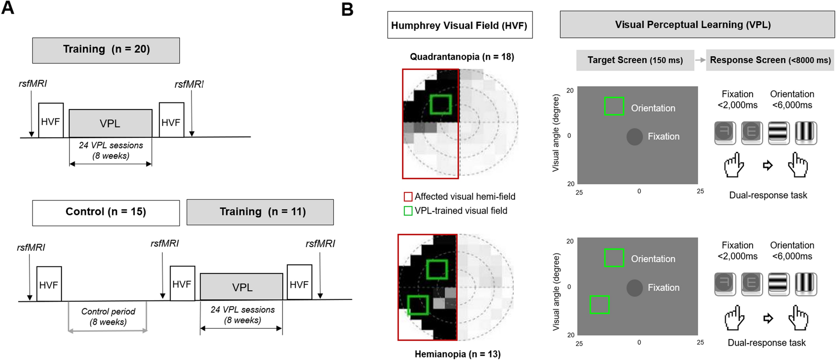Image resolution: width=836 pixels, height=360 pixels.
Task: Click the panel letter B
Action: (347, 9)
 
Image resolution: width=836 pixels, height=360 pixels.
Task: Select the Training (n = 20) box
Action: (106, 50)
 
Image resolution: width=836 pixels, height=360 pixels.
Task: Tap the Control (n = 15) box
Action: (106, 212)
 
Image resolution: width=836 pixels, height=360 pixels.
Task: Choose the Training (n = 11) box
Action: (260, 212)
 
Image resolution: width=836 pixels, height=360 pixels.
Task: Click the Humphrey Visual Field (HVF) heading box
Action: (460, 25)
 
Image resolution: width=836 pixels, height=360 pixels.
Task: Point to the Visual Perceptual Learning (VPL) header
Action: (697, 25)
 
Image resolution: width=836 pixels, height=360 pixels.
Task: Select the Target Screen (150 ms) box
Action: (635, 60)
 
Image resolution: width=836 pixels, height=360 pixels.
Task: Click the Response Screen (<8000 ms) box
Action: (770, 60)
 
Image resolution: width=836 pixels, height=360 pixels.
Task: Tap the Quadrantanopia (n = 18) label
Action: (462, 57)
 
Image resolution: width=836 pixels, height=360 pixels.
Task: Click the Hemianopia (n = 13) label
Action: (458, 354)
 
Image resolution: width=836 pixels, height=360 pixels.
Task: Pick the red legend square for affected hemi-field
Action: (408, 197)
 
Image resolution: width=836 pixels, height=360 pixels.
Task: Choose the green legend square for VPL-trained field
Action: (408, 211)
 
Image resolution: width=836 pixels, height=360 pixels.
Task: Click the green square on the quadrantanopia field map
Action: (441, 104)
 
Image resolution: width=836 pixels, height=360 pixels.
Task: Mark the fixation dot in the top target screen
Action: (635, 137)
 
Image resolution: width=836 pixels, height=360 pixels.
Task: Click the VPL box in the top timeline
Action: (110, 124)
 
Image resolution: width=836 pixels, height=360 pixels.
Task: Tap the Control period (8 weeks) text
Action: (108, 317)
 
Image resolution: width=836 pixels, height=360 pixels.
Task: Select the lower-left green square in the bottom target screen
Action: (599, 305)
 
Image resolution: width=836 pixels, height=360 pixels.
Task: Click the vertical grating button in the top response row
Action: (806, 133)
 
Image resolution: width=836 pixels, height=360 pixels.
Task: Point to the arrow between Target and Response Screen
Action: (700, 60)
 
